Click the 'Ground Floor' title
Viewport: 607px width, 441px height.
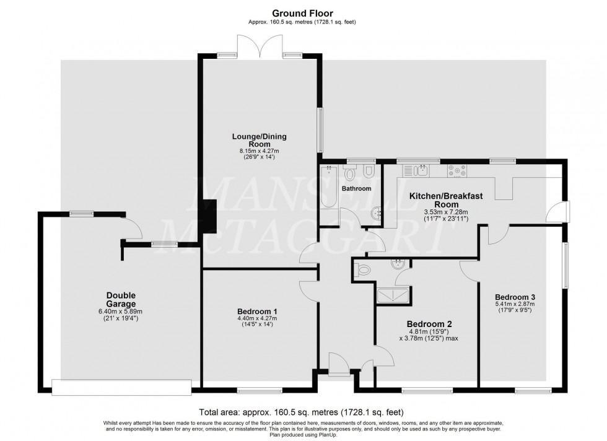(x=302, y=14)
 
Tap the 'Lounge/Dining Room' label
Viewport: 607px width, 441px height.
(x=259, y=140)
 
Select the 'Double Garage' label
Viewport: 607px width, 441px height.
(x=121, y=300)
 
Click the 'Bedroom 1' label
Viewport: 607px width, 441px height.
(x=257, y=312)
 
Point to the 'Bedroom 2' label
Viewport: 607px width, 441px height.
(x=429, y=324)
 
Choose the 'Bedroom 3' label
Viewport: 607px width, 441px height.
(x=515, y=297)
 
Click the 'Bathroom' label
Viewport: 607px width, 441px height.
(x=356, y=188)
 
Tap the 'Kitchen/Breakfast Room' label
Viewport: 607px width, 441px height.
(x=446, y=200)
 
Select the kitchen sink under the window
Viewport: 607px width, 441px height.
(x=414, y=170)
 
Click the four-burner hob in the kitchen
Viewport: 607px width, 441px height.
(x=457, y=171)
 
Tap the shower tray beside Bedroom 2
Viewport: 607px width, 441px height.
(x=393, y=294)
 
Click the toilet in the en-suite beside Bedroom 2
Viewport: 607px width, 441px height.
(x=362, y=269)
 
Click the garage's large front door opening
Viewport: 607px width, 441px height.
(x=121, y=387)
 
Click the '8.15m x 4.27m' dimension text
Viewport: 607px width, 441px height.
(x=259, y=151)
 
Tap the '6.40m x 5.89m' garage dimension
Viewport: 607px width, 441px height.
(x=121, y=312)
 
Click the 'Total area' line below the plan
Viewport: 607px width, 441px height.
(x=301, y=412)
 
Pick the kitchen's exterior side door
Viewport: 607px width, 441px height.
(x=558, y=212)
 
